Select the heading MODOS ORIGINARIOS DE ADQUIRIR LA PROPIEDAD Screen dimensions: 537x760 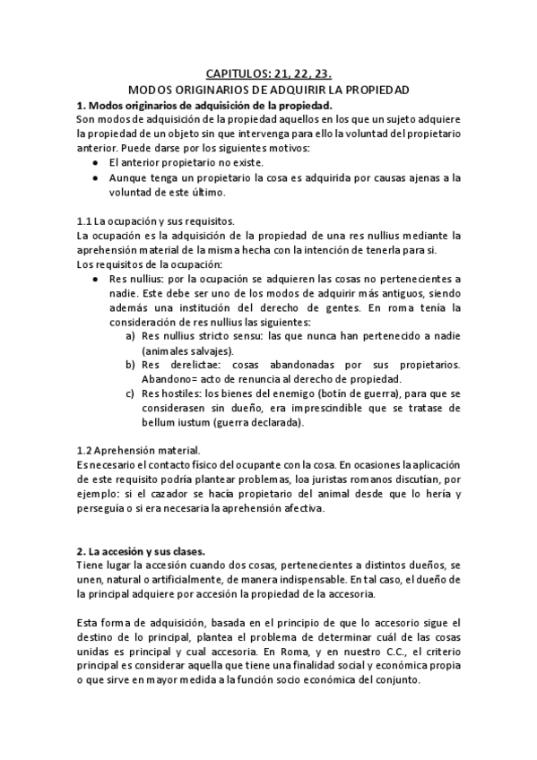[x=269, y=91]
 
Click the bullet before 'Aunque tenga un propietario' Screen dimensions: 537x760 [x=96, y=178]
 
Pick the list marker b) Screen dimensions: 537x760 [x=131, y=365]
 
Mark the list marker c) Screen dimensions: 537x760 [x=131, y=393]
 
